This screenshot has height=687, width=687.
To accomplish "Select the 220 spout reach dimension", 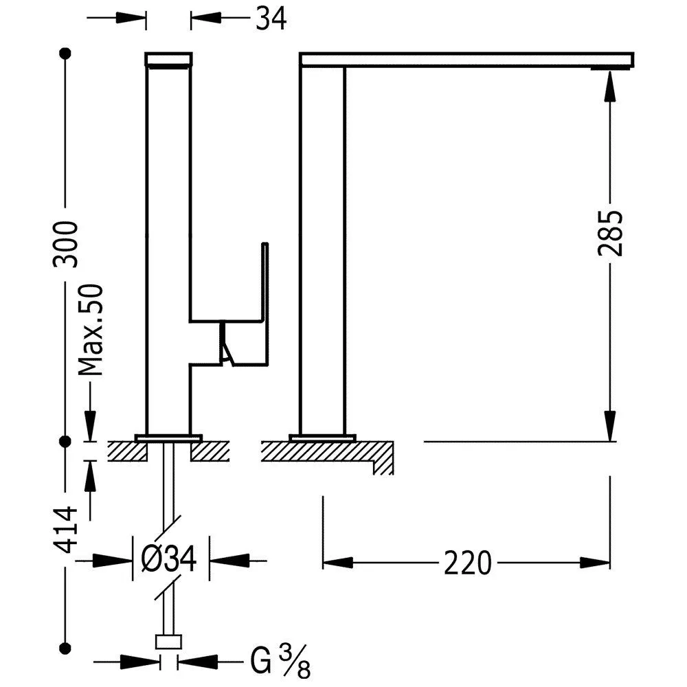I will click(x=468, y=563).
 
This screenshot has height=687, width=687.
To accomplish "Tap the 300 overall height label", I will click(x=66, y=244).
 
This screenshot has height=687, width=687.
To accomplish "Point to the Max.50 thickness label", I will click(x=91, y=330).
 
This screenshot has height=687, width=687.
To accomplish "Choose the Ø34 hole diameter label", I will click(x=170, y=560).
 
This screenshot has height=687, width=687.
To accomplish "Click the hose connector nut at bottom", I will click(x=169, y=642).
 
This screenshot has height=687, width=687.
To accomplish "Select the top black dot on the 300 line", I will click(x=66, y=53).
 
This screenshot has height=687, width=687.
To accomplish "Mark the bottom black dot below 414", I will click(x=66, y=646).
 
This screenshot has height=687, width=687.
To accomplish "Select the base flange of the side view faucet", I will click(x=323, y=437).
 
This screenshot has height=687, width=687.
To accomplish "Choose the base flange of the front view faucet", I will click(x=168, y=437).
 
